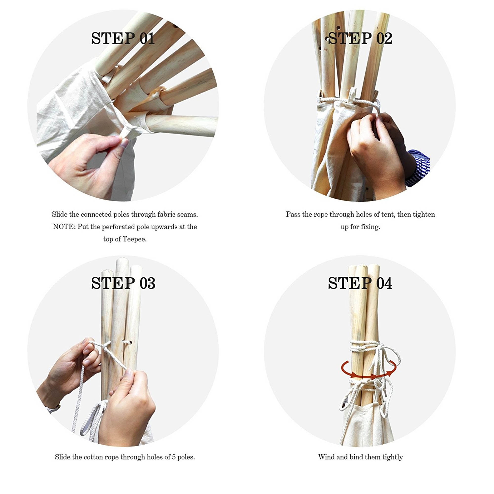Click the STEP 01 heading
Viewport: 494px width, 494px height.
pyautogui.click(x=123, y=38)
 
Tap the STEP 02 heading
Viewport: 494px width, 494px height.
pyautogui.click(x=360, y=38)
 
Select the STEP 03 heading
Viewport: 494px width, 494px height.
pyautogui.click(x=123, y=283)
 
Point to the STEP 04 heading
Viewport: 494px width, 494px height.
pyautogui.click(x=360, y=283)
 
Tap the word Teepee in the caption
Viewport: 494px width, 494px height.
pyautogui.click(x=134, y=239)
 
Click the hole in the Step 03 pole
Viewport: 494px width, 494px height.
pyautogui.click(x=127, y=342)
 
